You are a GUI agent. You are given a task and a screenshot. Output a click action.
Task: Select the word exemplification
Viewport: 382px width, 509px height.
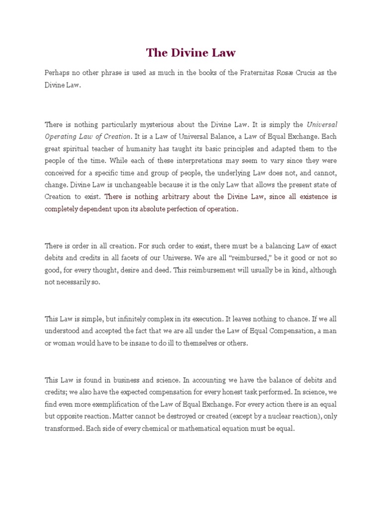(116, 404)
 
